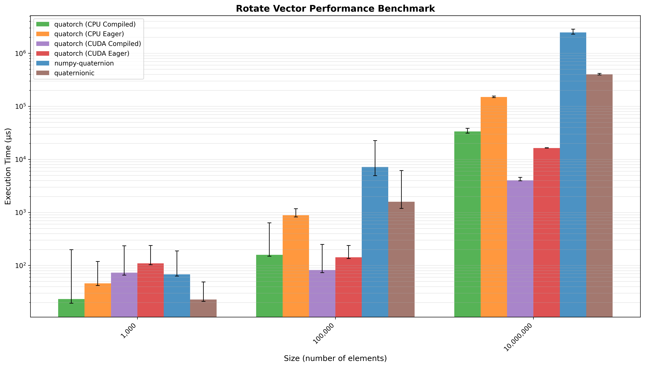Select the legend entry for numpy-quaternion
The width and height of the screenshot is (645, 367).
tap(84, 63)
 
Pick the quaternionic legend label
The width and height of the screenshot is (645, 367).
tap(74, 73)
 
